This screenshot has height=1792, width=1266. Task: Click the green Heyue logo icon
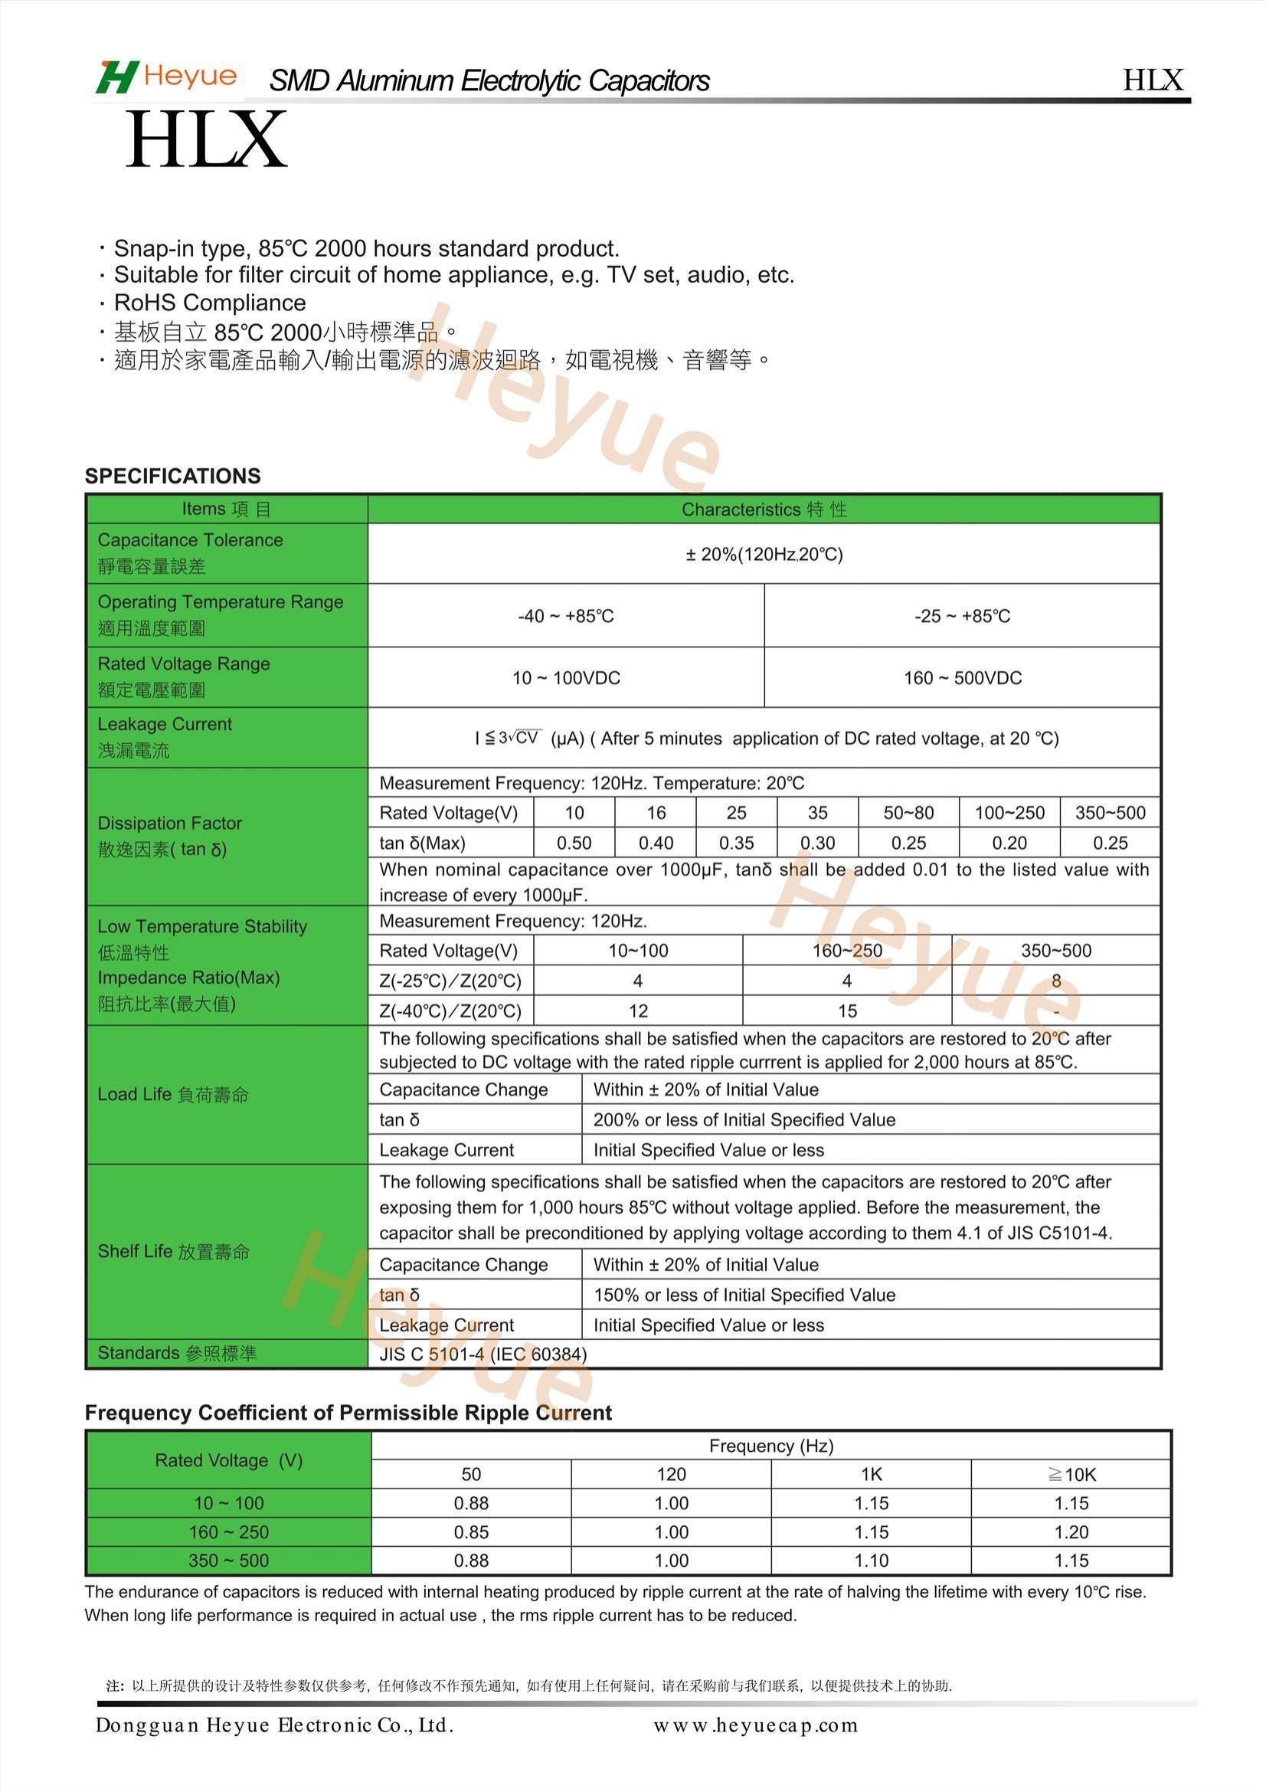click(x=117, y=77)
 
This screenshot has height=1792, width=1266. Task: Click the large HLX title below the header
click(x=206, y=141)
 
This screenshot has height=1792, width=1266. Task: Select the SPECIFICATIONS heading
click(x=172, y=476)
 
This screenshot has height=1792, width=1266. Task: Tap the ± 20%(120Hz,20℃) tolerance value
click(x=764, y=554)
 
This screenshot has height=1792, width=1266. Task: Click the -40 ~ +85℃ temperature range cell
click(x=565, y=616)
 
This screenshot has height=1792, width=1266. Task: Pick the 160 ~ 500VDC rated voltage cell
click(x=962, y=677)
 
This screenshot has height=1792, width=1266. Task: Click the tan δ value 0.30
click(x=816, y=843)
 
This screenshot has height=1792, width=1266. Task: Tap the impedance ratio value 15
click(x=847, y=1011)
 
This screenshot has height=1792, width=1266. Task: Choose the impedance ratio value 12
click(x=638, y=1011)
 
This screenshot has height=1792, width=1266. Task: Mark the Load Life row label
click(x=172, y=1094)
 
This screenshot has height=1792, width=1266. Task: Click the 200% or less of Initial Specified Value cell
click(x=744, y=1119)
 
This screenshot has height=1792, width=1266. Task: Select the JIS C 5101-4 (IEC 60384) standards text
click(x=483, y=1354)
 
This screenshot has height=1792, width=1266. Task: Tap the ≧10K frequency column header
click(x=1071, y=1474)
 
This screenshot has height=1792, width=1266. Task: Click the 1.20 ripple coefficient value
click(x=1071, y=1532)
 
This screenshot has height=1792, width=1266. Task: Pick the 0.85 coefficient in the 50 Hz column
click(x=471, y=1532)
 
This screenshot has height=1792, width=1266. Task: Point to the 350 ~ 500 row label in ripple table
click(x=227, y=1561)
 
